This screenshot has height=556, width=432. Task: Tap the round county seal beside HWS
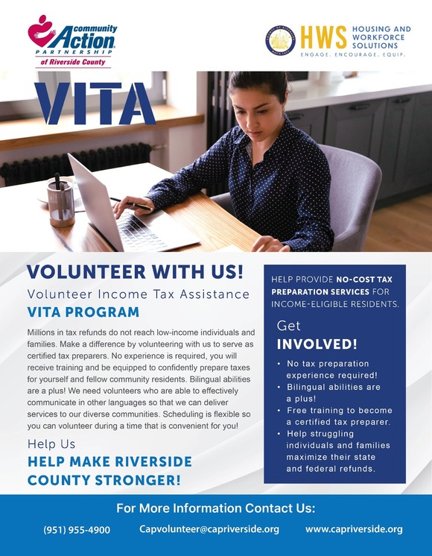pos(281,41)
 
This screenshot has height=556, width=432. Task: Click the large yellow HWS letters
pos(324,38)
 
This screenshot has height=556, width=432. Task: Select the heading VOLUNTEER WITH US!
pos(135,273)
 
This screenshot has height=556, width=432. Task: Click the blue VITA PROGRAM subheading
pos(83,312)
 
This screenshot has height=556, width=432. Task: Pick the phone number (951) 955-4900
pos(77,530)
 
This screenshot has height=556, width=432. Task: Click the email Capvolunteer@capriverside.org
pos(209,529)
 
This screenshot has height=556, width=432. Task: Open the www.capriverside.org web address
pos(354,529)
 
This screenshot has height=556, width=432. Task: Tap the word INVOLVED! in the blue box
pos(317,344)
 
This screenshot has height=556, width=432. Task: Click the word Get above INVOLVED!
pos(289,326)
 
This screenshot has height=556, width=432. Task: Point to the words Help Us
pos(51,444)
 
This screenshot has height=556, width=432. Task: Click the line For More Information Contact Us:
pos(216,509)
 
